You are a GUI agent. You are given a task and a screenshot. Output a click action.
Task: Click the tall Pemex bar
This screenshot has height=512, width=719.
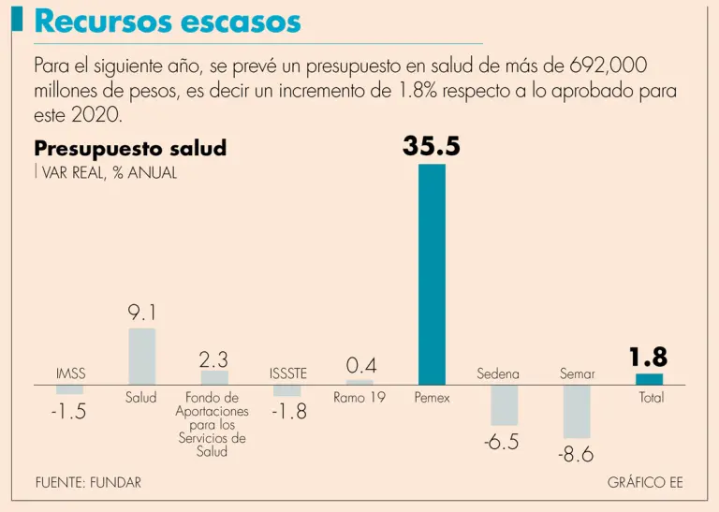point(432,273)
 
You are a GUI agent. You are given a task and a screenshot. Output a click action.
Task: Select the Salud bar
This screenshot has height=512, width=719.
point(141,356)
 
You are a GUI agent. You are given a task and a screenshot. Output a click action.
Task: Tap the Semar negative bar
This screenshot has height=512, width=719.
point(577,412)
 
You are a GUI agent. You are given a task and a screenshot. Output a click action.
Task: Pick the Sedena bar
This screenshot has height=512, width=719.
point(504,405)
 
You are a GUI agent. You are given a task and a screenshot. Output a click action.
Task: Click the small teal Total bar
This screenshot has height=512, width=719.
point(649,379)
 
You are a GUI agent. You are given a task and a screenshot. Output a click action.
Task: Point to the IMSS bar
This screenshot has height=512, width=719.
point(69,389)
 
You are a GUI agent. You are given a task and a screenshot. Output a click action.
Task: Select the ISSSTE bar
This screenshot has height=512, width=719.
point(287,390)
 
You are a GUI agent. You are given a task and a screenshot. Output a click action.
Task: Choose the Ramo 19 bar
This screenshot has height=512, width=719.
point(359,382)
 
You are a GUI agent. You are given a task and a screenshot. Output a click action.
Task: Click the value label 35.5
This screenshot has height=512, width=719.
point(432,147)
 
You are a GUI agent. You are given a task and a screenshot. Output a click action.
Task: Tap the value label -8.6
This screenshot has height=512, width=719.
point(576,456)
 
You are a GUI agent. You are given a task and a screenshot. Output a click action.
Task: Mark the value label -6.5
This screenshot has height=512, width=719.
point(502,443)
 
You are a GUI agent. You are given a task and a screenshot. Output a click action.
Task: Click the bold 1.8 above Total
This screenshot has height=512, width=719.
point(648,358)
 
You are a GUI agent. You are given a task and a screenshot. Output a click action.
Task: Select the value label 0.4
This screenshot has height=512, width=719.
point(360,364)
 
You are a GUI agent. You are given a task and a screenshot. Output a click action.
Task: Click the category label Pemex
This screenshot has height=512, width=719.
point(432,398)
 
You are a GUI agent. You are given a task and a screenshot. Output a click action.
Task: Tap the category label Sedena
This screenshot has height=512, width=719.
point(497,374)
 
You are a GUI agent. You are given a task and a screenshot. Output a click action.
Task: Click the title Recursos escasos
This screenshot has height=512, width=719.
point(168,22)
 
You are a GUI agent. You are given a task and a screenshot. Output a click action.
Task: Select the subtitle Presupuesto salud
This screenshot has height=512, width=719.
point(130,149)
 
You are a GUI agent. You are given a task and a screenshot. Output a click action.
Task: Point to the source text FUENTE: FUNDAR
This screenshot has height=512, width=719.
point(88,483)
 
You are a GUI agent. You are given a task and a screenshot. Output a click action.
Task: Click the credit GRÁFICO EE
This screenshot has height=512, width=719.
point(645,483)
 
